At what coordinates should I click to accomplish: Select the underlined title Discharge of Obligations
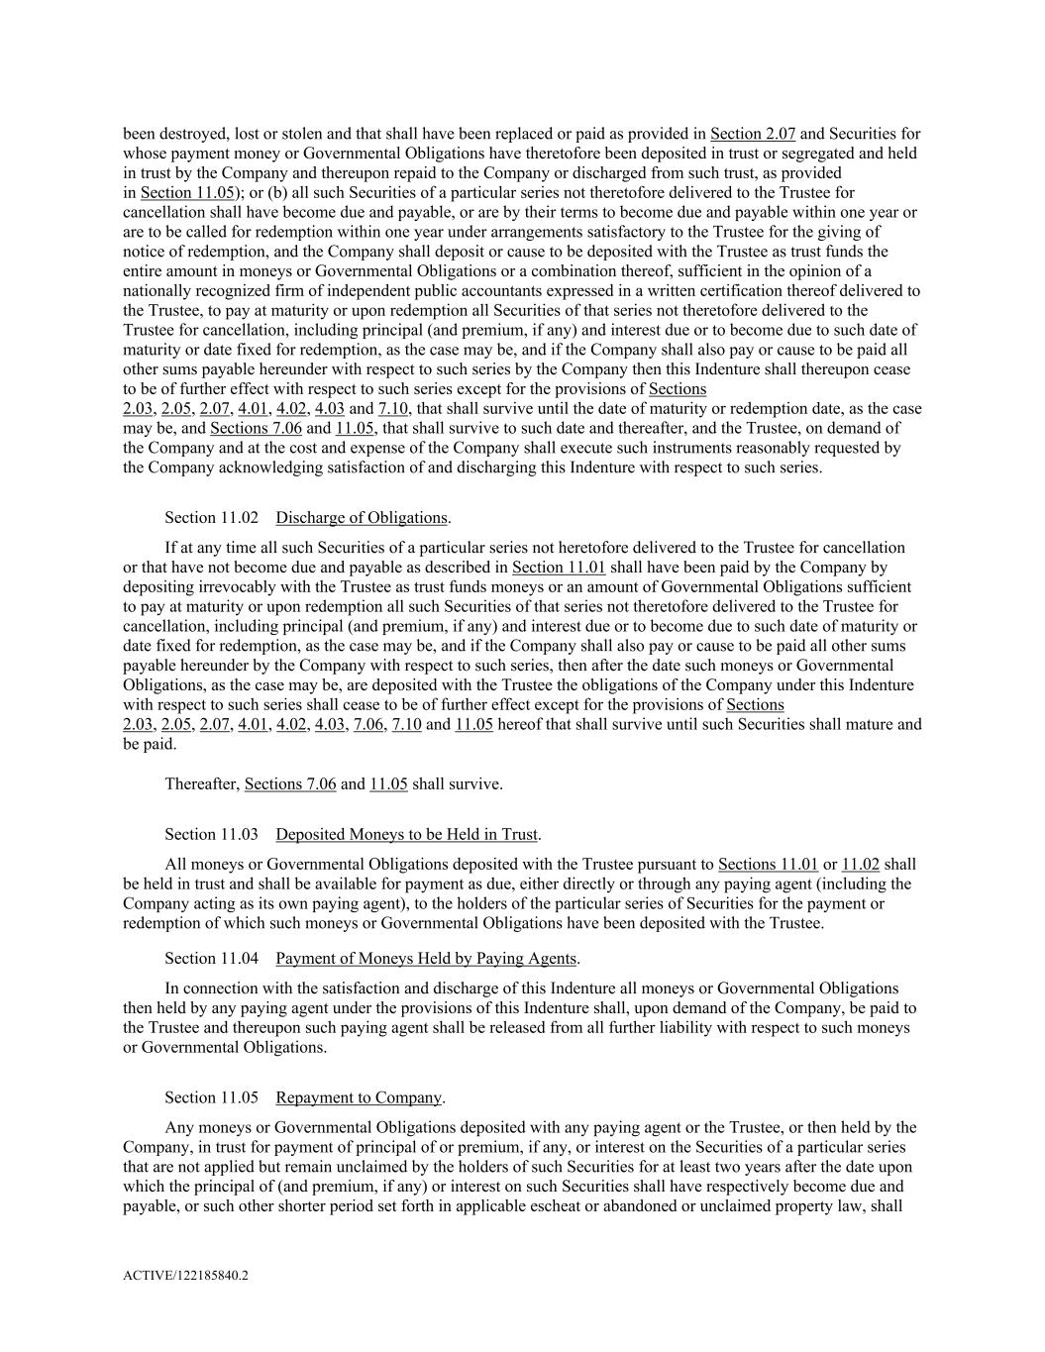[362, 518]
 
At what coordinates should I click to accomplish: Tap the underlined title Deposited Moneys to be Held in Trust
[406, 835]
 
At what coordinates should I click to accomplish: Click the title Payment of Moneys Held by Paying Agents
[426, 959]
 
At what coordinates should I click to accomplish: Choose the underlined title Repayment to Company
[359, 1097]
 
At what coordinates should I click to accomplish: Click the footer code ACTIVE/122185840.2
[185, 1276]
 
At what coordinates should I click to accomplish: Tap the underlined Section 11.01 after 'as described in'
[559, 568]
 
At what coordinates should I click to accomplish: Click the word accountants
[566, 291]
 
